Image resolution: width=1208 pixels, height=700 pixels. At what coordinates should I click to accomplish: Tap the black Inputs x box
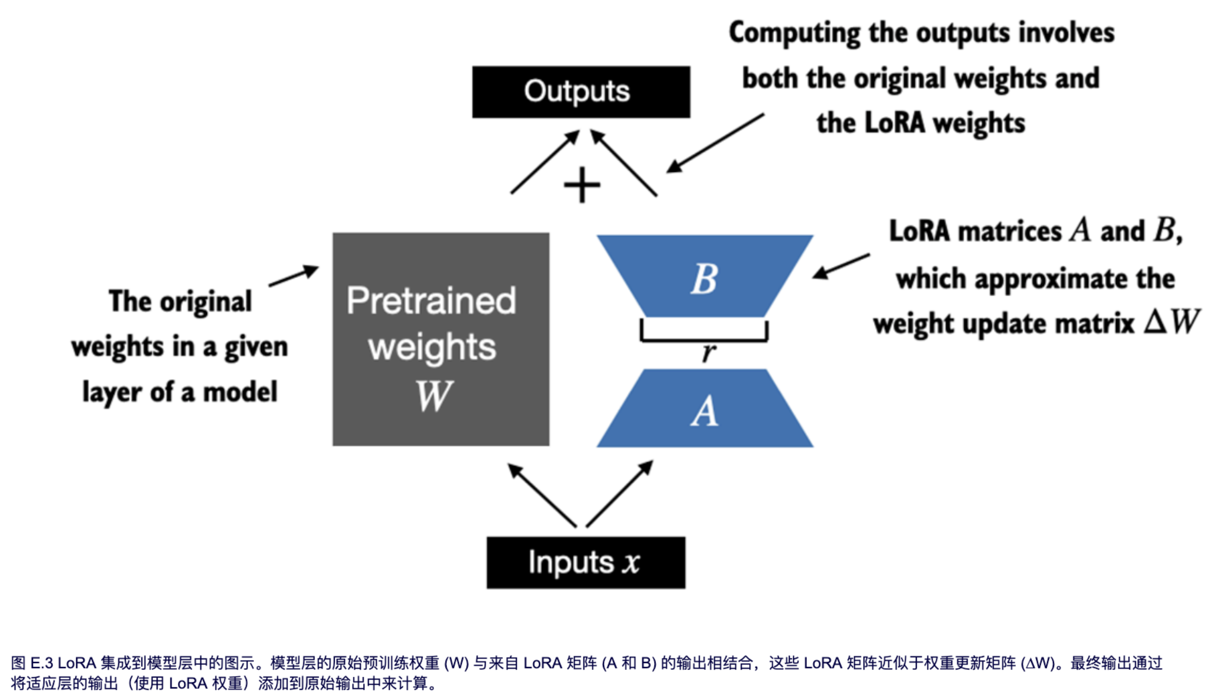point(586,562)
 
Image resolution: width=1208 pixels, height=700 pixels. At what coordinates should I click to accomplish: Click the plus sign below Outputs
point(582,185)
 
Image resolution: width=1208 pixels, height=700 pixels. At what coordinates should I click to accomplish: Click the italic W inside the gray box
point(434,396)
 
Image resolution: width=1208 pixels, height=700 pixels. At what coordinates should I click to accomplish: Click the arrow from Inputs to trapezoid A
point(620,494)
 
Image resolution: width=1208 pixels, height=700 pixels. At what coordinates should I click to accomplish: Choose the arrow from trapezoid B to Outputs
point(623,163)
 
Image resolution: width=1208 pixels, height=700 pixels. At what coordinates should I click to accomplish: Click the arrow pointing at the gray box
point(293,276)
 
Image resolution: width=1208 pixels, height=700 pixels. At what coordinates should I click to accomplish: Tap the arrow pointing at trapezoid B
point(841,266)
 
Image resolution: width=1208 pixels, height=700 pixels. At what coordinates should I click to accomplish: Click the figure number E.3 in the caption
point(42,663)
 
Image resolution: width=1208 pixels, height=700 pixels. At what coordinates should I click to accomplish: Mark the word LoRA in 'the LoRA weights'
point(894,123)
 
